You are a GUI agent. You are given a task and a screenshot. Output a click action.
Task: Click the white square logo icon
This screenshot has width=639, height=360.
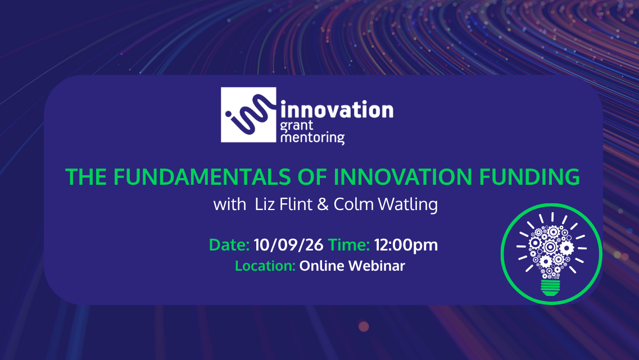(248, 115)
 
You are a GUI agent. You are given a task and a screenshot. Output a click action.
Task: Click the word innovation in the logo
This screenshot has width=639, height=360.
(337, 110)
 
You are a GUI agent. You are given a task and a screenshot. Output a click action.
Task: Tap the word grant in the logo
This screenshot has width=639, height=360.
(297, 126)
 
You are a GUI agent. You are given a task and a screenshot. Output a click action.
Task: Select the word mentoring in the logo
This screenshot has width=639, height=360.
(312, 138)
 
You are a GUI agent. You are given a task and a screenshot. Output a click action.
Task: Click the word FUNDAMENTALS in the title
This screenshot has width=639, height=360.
(202, 177)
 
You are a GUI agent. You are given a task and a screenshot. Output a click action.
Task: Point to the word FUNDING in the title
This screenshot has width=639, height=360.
(529, 177)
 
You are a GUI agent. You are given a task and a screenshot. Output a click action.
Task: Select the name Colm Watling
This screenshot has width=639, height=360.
(386, 204)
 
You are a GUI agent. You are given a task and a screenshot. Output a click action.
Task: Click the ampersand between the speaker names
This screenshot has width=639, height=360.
(323, 204)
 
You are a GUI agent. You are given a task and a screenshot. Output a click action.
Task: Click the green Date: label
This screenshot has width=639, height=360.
(229, 245)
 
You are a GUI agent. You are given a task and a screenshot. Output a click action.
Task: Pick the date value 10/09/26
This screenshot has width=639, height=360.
(288, 245)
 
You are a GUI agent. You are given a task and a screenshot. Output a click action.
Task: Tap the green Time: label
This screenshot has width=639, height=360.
(349, 245)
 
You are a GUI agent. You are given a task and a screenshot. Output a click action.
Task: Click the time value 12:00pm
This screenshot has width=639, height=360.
(406, 245)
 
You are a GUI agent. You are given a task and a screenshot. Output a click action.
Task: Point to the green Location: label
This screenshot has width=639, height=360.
(265, 266)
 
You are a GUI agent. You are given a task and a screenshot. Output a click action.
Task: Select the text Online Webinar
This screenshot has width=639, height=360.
(352, 266)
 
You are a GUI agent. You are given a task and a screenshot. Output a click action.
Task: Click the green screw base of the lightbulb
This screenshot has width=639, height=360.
(551, 288)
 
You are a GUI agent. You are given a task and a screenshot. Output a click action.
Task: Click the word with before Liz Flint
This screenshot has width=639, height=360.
(229, 204)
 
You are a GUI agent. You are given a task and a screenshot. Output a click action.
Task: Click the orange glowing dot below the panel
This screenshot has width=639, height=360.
(364, 326)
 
